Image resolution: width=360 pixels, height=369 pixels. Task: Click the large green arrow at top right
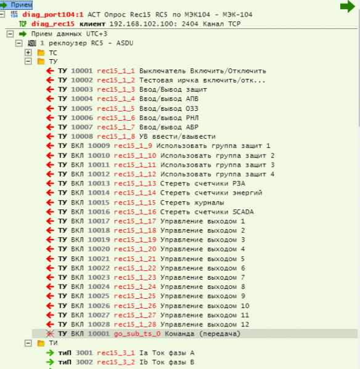348,6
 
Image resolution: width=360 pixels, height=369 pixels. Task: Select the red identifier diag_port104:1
53,15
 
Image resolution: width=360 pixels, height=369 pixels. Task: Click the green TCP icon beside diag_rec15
23,24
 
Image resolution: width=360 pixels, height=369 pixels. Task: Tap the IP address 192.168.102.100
142,24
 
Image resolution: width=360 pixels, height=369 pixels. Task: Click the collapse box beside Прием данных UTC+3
10,34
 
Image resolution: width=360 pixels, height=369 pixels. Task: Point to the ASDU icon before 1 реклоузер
32,43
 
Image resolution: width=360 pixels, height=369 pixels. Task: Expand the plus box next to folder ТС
28,52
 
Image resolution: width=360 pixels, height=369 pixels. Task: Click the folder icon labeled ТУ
41,62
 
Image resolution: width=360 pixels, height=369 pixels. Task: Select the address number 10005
82,108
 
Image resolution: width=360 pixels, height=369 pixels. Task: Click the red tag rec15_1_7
116,127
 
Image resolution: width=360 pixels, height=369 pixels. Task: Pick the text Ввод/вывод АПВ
169,99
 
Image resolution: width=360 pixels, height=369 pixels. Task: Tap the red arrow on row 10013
50,184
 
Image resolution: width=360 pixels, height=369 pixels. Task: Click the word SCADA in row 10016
243,212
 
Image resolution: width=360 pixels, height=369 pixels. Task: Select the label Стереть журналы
192,203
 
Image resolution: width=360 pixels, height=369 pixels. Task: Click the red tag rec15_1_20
135,249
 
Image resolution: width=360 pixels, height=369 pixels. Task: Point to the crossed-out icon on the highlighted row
50,333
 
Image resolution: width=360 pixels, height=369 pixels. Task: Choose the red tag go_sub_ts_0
137,334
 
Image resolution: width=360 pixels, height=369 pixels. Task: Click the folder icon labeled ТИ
41,343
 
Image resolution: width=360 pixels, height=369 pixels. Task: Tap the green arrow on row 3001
50,352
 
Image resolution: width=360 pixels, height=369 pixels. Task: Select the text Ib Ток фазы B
167,362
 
